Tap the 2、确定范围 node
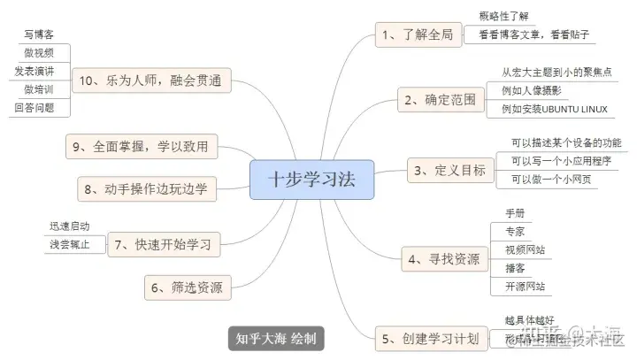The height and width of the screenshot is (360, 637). click(x=440, y=100)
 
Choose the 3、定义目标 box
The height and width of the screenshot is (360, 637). click(x=449, y=170)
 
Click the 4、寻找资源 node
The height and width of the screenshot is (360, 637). click(x=442, y=258)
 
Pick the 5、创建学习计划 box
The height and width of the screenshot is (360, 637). click(x=430, y=338)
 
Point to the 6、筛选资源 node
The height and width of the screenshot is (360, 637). click(x=186, y=287)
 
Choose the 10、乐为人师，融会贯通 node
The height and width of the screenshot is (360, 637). click(x=150, y=80)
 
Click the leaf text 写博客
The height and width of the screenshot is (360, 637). click(x=39, y=35)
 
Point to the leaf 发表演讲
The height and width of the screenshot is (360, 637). click(x=35, y=71)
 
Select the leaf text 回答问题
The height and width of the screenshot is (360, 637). click(x=35, y=108)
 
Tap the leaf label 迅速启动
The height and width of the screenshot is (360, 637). click(x=69, y=226)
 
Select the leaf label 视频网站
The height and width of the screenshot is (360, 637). click(x=525, y=249)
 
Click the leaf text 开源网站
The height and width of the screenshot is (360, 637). click(x=525, y=287)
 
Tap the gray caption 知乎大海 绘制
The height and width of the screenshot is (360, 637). click(x=275, y=338)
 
